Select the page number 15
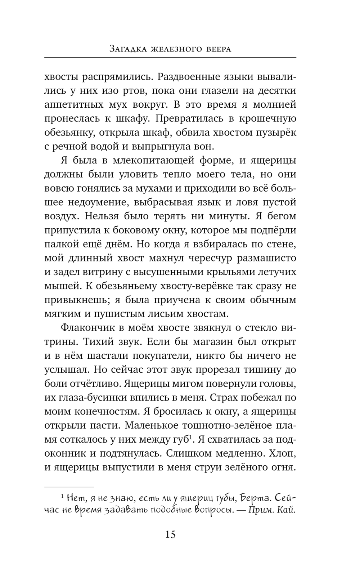click(170, 534)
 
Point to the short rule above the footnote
click(69, 487)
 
